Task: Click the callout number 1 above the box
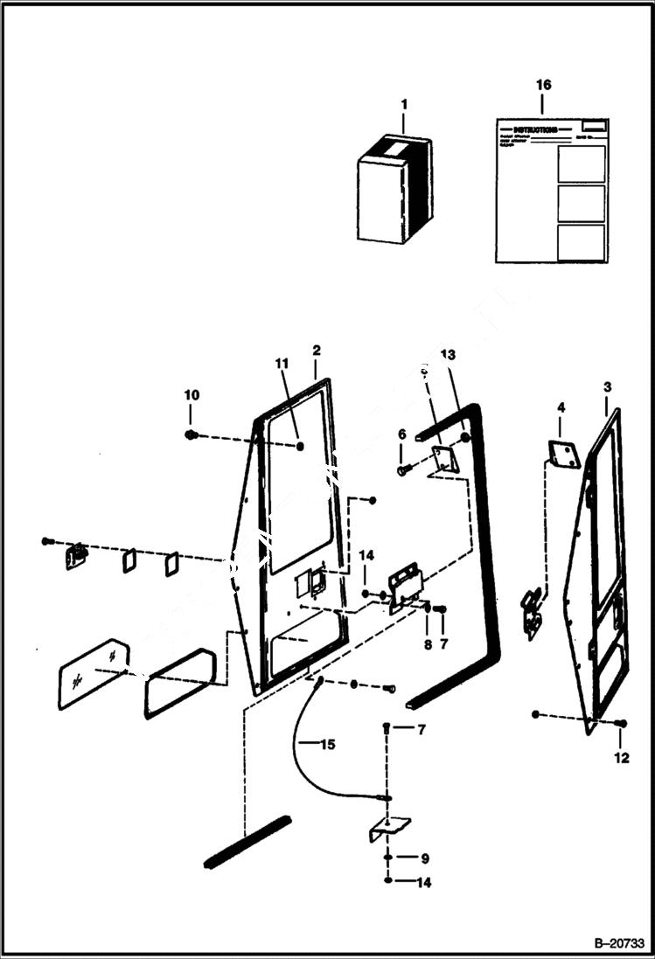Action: click(x=404, y=104)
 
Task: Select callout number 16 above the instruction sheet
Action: click(x=543, y=85)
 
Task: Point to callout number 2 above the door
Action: click(x=316, y=351)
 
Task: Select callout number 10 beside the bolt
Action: click(x=192, y=395)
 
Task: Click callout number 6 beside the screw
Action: click(x=401, y=434)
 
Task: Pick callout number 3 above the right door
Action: click(x=608, y=386)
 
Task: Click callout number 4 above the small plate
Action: click(x=561, y=407)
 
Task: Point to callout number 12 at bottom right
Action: click(x=622, y=758)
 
